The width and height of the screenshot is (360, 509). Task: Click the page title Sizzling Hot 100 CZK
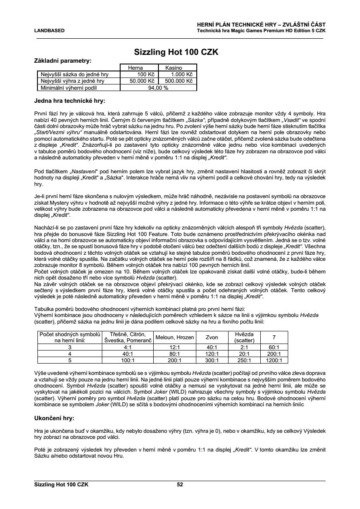(180, 52)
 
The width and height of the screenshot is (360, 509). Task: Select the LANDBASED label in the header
(49, 31)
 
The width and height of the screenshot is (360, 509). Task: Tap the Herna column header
(135, 68)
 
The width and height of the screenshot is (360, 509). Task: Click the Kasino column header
(173, 68)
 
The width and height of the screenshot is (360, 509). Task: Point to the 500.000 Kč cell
(178, 81)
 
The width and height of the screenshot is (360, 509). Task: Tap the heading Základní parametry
(63, 61)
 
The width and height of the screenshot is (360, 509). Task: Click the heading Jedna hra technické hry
(70, 101)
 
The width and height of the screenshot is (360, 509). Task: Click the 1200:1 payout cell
(274, 360)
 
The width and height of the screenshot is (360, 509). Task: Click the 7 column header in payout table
(274, 337)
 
